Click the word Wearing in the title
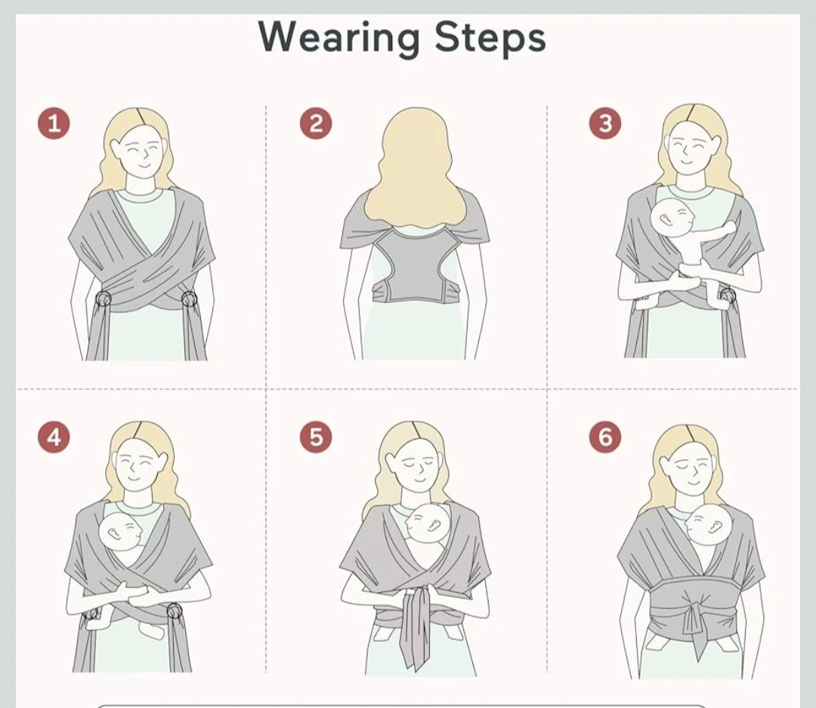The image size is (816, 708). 338,38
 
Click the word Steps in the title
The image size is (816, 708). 490,38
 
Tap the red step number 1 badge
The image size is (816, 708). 54,123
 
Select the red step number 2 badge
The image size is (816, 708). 316,123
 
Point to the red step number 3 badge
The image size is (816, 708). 604,123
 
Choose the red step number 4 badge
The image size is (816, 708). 54,437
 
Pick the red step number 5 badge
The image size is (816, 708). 316,437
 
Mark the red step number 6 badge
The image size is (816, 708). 604,437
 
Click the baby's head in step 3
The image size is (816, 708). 672,218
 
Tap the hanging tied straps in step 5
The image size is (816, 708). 417,625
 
